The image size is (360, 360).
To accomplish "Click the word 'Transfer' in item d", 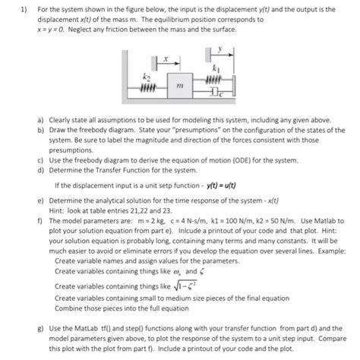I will [x=116, y=171].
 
